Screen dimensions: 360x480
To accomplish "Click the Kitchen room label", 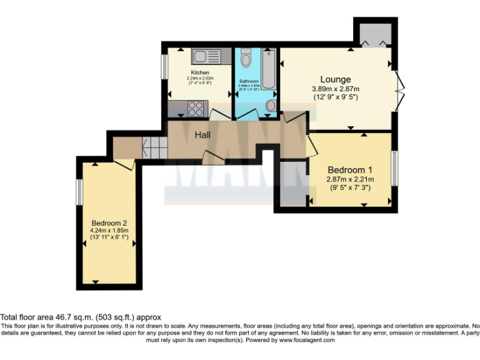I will tap(200, 72).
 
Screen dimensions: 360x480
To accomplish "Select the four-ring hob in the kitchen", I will tap(195, 109).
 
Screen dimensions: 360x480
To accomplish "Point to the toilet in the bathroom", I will tap(246, 59).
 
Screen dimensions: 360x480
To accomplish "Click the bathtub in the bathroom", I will tap(268, 69).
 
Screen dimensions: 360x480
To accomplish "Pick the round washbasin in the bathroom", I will tap(270, 106).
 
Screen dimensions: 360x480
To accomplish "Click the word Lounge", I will tap(336, 79).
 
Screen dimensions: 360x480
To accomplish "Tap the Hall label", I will tap(202, 135).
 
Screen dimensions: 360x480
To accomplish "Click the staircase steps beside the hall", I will tap(154, 147).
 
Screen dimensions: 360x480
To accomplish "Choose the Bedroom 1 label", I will tap(350, 170).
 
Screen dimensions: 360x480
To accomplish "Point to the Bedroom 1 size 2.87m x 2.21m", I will tap(350, 179).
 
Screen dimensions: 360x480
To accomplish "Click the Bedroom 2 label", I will tap(109, 223).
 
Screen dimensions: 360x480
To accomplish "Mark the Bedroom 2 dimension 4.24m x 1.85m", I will tap(109, 231).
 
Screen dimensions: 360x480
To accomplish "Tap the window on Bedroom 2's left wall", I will tap(79, 191).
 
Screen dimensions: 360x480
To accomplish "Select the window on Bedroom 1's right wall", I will tap(394, 167).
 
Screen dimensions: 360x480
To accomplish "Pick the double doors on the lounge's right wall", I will tap(399, 90).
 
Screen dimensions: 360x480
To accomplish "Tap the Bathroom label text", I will tap(249, 82).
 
